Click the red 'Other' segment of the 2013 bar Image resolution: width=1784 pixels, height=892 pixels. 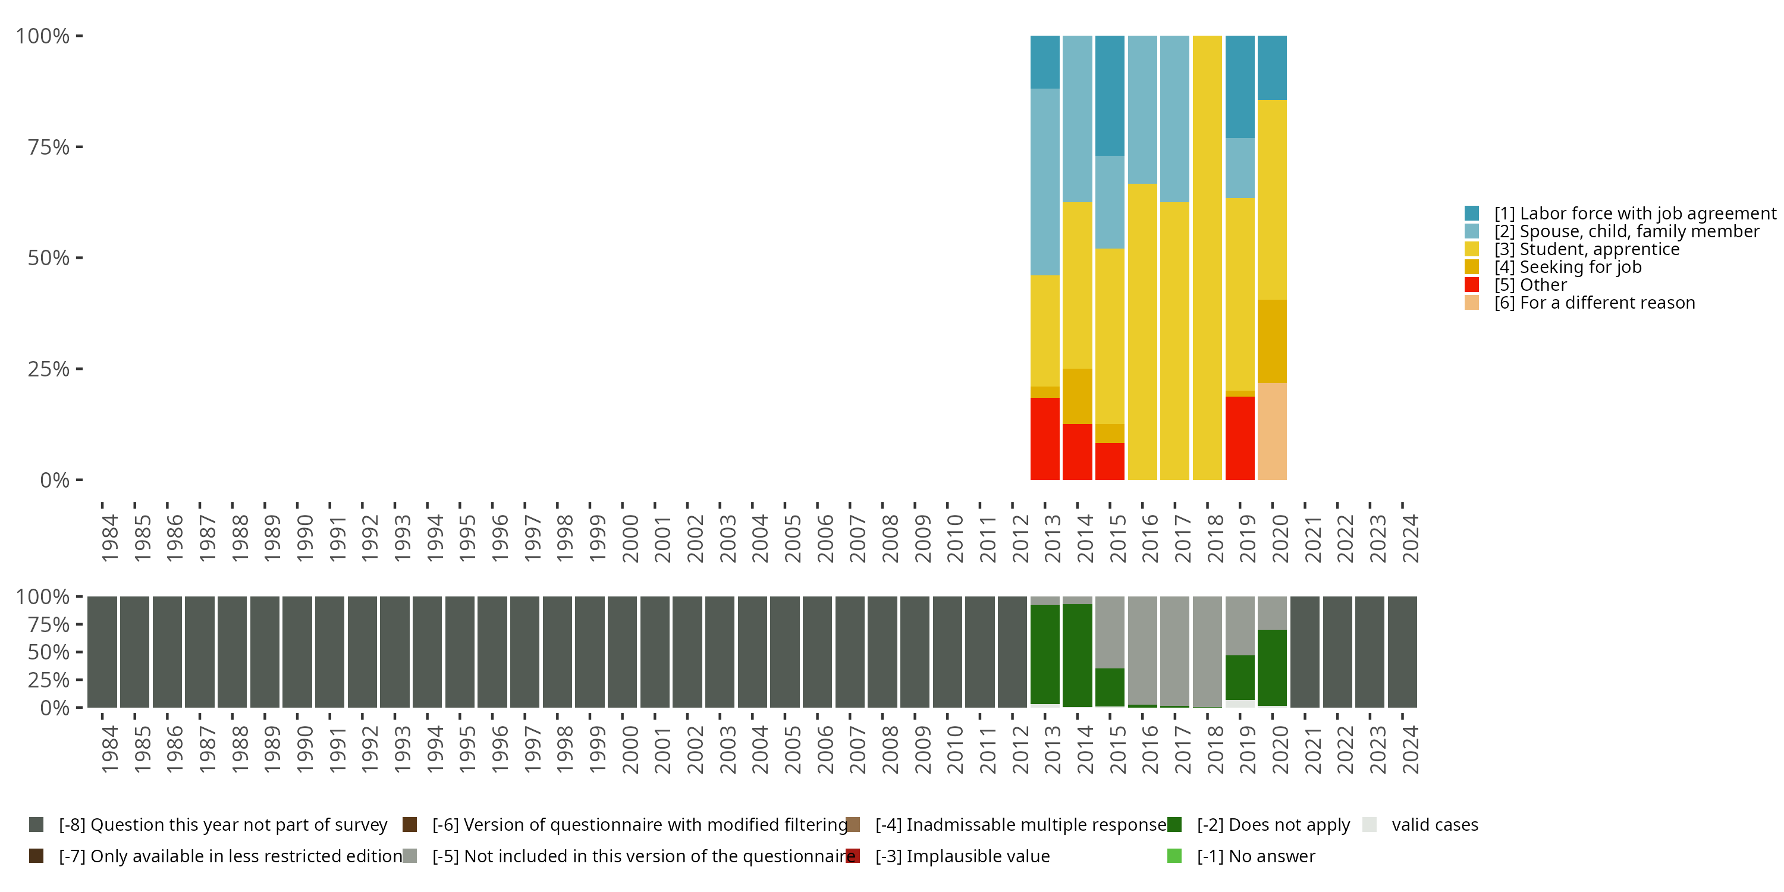coord(1044,438)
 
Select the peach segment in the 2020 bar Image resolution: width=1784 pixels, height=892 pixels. coord(1271,431)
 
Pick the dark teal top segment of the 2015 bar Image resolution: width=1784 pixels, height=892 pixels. coord(1110,96)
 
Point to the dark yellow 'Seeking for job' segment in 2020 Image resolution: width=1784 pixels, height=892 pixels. coord(1271,341)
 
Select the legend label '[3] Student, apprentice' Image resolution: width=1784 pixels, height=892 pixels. coord(1587,249)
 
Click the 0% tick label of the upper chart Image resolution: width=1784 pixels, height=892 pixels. coord(55,480)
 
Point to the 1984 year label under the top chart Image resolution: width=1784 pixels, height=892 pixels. coord(109,538)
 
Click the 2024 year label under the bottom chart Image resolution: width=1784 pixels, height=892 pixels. coord(1410,749)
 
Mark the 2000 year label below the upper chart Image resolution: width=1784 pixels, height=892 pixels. coord(630,538)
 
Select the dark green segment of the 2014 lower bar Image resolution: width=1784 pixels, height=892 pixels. coord(1077,655)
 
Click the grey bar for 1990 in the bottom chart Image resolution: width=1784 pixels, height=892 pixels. coord(297,652)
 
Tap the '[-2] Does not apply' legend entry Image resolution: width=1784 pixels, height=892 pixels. coord(1273,825)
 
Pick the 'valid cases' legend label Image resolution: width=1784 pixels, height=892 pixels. coord(1434,825)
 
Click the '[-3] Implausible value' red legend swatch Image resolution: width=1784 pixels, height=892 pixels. coord(853,856)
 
